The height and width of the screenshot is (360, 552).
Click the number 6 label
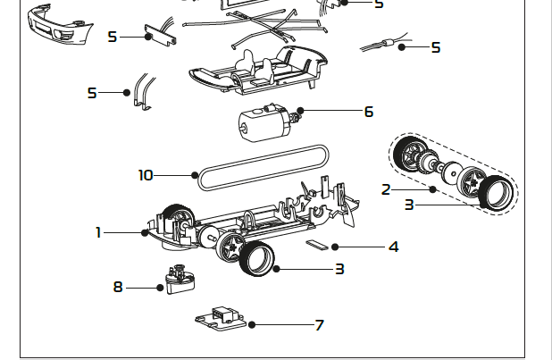click(x=368, y=113)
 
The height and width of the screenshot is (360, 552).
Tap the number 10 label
click(x=146, y=175)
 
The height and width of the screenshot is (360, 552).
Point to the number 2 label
click(x=386, y=189)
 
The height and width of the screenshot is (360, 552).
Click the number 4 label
click(x=393, y=247)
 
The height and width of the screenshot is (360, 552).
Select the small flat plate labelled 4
click(x=318, y=243)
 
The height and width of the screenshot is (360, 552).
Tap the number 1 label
click(x=99, y=232)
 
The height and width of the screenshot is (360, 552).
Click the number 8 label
click(x=118, y=288)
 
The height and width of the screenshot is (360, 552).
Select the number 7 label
click(x=319, y=325)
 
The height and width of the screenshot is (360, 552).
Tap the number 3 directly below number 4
click(x=339, y=269)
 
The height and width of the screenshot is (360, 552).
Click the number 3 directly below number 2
click(x=409, y=205)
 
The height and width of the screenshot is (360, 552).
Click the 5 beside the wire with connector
click(x=436, y=47)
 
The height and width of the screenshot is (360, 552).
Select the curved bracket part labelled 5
click(x=141, y=93)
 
